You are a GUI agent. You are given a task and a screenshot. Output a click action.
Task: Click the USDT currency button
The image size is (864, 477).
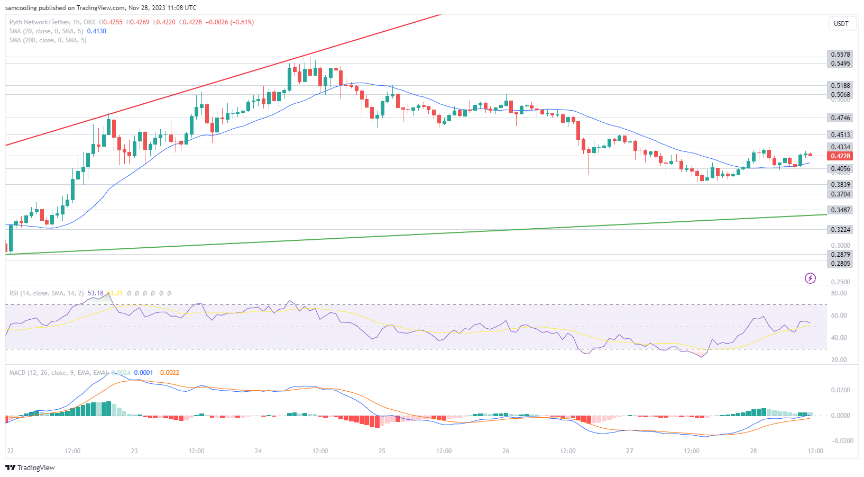click(841, 24)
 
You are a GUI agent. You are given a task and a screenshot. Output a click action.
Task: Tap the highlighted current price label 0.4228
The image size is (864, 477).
click(840, 156)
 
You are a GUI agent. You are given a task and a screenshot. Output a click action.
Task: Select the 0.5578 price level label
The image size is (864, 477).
click(840, 55)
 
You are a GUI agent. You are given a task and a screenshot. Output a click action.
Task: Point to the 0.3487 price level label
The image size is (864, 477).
click(840, 210)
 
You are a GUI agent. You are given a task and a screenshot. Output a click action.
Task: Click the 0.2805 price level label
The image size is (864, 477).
click(840, 264)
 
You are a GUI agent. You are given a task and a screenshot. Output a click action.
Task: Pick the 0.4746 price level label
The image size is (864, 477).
click(840, 118)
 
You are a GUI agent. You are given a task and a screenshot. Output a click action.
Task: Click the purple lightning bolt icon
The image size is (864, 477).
click(810, 278)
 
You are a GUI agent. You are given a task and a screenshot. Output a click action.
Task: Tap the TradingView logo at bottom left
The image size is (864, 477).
click(30, 467)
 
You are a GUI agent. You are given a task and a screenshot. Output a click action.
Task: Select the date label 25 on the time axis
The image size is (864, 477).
click(382, 451)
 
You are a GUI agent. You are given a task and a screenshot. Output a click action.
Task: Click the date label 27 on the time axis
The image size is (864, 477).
click(629, 451)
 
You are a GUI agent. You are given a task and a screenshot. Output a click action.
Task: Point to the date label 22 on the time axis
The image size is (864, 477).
click(11, 451)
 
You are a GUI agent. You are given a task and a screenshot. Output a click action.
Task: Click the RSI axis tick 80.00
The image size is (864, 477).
click(839, 293)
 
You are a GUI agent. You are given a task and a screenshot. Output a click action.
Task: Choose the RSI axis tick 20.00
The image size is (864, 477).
click(839, 360)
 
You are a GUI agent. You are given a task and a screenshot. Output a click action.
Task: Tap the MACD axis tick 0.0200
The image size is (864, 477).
click(840, 390)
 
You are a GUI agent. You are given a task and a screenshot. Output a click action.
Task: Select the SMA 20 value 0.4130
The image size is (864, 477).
click(97, 31)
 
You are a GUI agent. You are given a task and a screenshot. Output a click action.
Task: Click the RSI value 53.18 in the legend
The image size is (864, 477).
click(96, 293)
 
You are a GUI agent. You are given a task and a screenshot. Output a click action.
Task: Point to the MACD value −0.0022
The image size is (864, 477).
click(168, 373)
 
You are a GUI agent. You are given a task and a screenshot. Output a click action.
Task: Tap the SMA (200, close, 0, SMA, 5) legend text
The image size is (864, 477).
click(48, 40)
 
